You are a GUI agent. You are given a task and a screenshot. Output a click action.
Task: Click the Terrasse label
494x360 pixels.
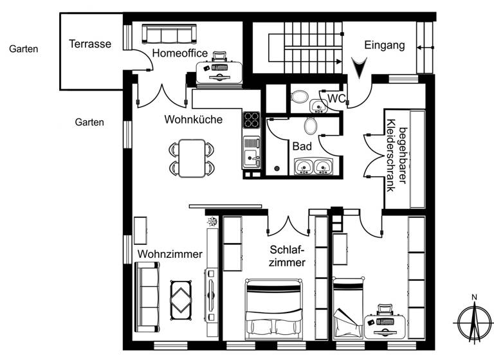tap(90, 44)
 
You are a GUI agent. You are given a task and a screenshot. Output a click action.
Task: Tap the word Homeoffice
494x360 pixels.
tap(179, 53)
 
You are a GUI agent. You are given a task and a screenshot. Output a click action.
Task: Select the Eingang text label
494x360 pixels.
tap(384, 45)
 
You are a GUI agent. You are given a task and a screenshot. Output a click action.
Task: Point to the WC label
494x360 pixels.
tap(337, 98)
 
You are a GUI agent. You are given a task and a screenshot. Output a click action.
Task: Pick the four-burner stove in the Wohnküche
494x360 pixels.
tap(251, 120)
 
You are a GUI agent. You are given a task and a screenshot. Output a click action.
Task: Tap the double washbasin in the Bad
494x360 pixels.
tap(313, 167)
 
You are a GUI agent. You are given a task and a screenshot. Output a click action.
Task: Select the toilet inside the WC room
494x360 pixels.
tap(300, 96)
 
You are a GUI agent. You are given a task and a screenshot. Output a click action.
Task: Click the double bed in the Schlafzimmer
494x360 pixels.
tap(274, 307)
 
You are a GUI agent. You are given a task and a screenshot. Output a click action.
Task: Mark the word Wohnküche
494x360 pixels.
tap(193, 119)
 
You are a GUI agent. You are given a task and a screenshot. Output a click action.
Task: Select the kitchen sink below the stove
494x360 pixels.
tap(251, 153)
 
